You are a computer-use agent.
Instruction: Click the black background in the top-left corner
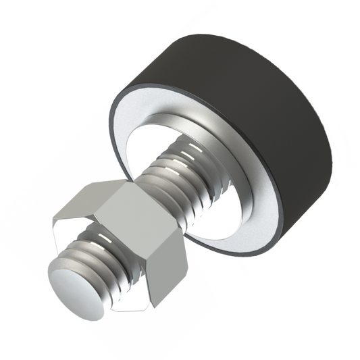tap(27, 27)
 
